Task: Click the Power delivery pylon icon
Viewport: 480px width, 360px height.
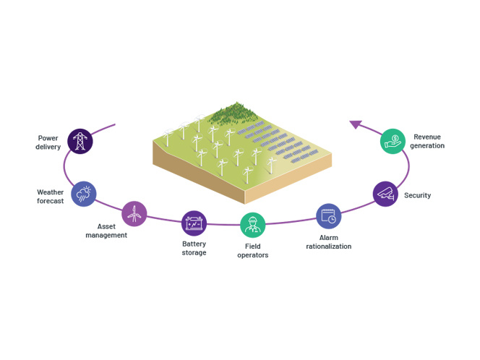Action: (x=80, y=141)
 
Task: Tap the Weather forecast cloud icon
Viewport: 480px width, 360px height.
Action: (x=84, y=194)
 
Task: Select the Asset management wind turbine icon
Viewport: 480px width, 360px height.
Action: (x=134, y=213)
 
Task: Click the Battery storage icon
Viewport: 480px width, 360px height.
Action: (x=194, y=223)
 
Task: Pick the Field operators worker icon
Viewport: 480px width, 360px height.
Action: (x=252, y=225)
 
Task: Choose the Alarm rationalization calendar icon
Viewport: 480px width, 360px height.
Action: (x=328, y=216)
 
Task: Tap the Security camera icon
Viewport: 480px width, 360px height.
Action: (x=385, y=194)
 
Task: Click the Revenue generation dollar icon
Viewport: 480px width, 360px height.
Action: (x=393, y=141)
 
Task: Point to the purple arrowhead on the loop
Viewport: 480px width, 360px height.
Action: (x=356, y=125)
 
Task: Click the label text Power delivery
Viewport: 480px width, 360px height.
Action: (x=48, y=142)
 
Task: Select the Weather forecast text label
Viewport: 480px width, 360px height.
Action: (x=51, y=197)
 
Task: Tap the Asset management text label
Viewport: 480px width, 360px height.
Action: (x=106, y=231)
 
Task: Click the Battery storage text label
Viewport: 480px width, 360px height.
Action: (x=194, y=248)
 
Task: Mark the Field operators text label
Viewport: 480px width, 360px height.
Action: (x=252, y=251)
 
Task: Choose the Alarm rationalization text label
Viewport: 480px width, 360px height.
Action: (x=328, y=241)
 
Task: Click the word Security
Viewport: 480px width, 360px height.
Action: (x=417, y=195)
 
